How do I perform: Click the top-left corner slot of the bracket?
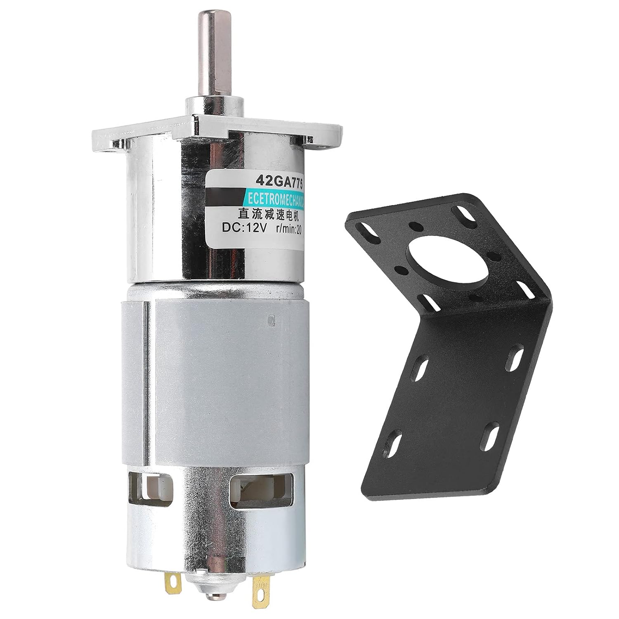(x=370, y=232)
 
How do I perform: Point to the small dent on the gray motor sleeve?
(x=271, y=319)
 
